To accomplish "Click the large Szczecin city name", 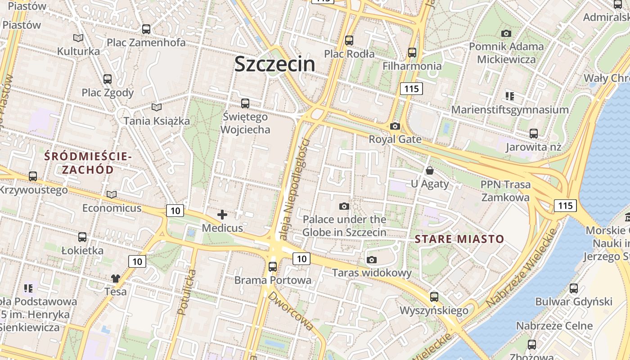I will tap(274, 64).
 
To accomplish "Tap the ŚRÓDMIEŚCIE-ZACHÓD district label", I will tap(88, 163).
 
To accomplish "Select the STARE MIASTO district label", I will tap(459, 239).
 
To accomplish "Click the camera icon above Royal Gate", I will tap(395, 126).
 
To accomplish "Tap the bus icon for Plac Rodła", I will tap(349, 40).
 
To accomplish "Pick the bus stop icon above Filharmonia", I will tap(412, 53).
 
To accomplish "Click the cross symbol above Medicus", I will tap(222, 215).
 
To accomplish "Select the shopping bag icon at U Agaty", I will tap(430, 171).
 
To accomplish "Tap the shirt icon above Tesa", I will tap(116, 279).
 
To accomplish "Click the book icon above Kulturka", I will tap(78, 38).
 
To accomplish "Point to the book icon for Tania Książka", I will tap(157, 108).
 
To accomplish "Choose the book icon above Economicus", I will tap(112, 195).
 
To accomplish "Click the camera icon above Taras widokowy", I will tap(372, 260).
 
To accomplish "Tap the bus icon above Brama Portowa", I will tap(273, 266).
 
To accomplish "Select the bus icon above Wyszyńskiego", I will tap(434, 297).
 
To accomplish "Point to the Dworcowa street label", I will tap(290, 311).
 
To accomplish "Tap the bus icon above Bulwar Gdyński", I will tap(574, 288).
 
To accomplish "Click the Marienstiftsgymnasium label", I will tap(510, 110).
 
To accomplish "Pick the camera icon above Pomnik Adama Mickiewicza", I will tap(506, 33).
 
